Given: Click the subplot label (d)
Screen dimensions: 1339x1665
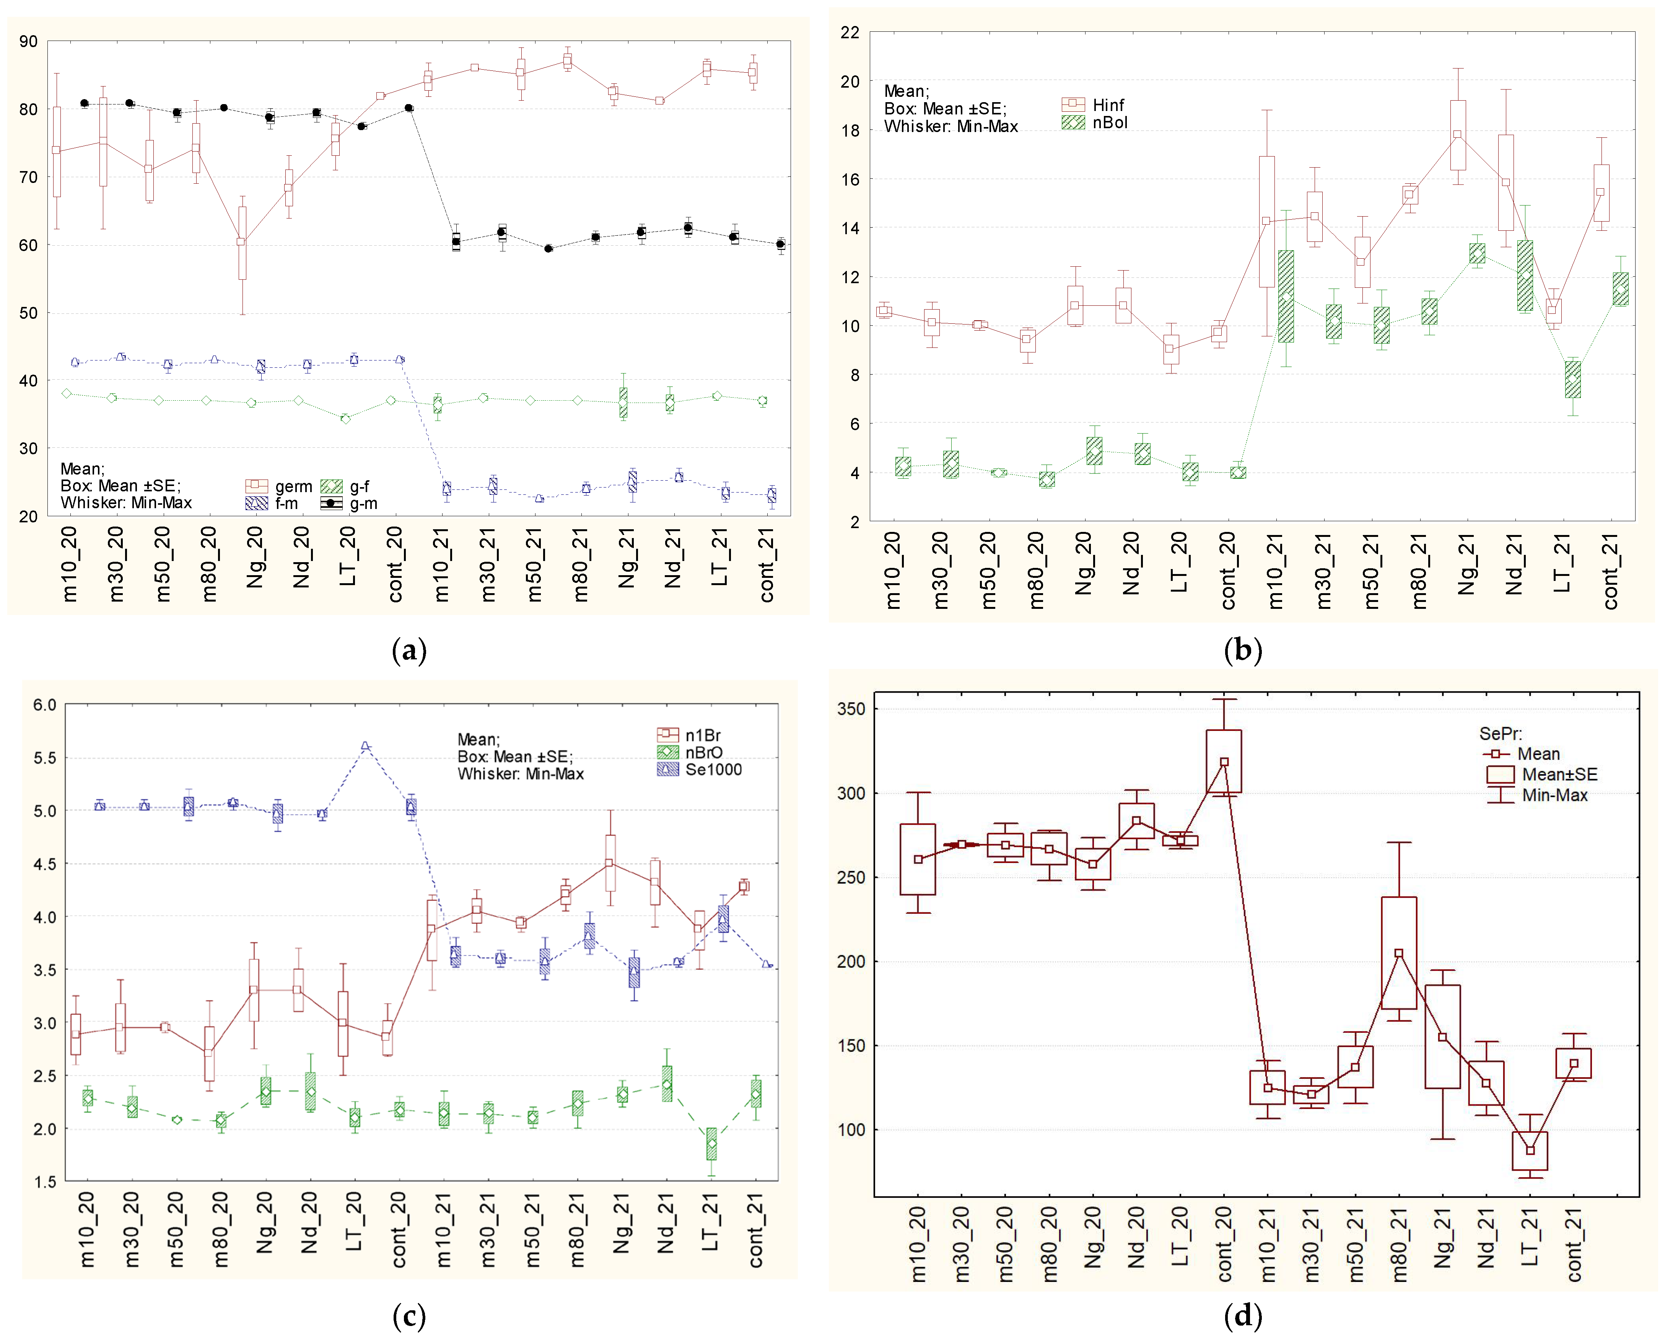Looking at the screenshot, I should point(1243,1316).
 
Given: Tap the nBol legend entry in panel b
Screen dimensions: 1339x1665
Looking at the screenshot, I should point(1095,122).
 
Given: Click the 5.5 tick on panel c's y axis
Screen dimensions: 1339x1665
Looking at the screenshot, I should point(45,758).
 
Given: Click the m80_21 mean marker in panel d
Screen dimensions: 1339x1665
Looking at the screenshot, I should point(1398,953).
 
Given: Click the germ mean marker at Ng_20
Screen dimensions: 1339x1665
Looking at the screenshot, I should point(242,242).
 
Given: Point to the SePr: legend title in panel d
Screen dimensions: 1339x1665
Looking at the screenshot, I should point(1500,733).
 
